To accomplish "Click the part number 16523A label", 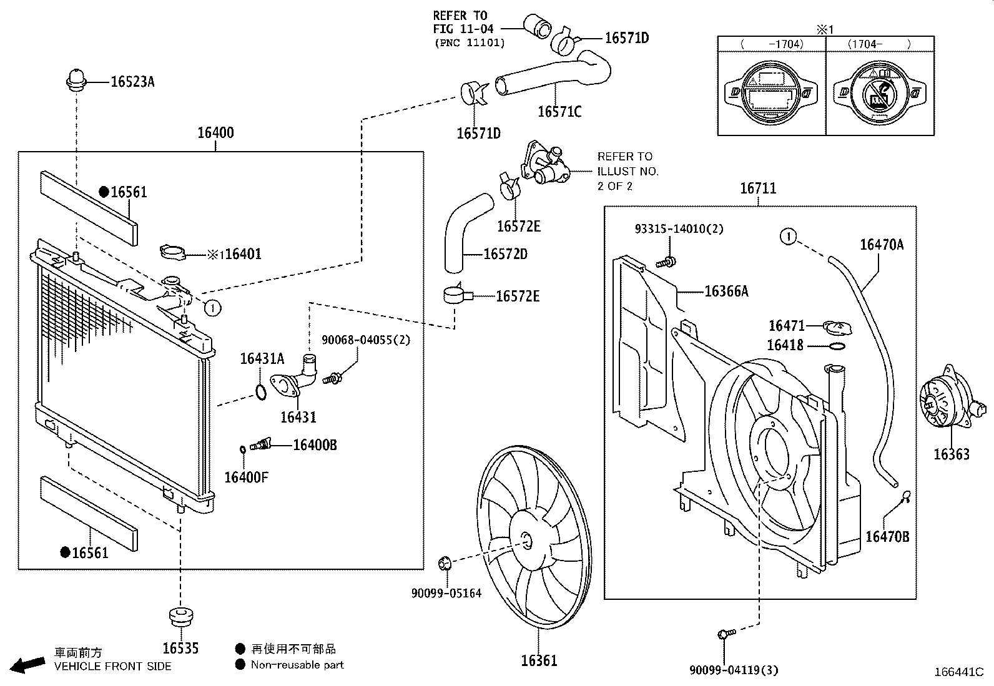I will (x=132, y=81).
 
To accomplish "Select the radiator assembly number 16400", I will (x=215, y=132).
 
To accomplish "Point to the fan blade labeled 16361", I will (x=531, y=537).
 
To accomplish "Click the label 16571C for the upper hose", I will (x=559, y=112).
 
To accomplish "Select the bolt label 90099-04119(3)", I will (x=734, y=670).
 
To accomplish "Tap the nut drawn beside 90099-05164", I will (x=445, y=563).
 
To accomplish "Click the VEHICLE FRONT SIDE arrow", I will (x=28, y=665).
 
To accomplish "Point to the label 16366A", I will (x=726, y=292).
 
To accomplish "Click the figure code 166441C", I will (x=958, y=672).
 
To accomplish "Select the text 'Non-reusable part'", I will (x=297, y=665).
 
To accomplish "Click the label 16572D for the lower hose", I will (x=505, y=255).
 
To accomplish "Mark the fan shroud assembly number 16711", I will (x=758, y=188).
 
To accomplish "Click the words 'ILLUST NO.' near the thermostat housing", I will (x=627, y=171).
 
